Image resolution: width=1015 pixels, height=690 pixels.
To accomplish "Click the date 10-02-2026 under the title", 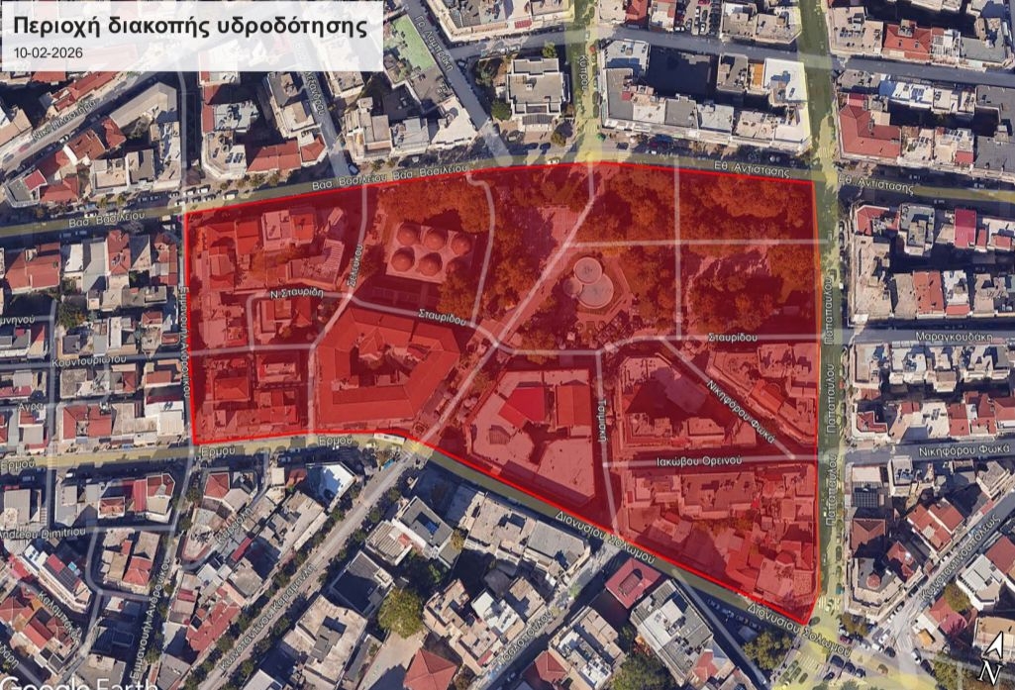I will point(50,51).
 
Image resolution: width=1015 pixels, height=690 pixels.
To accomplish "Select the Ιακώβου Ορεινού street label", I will point(698,461).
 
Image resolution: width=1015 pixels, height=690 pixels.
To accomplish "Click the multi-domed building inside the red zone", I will point(429,249).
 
